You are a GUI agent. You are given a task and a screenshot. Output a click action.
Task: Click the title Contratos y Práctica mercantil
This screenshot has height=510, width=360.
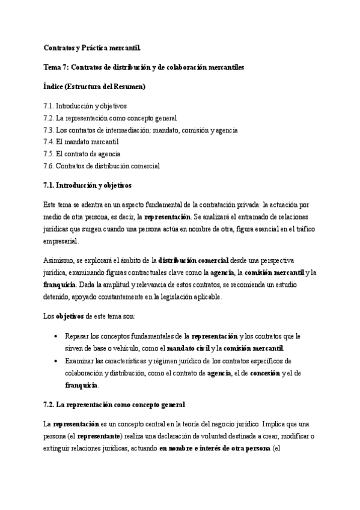coord(92,48)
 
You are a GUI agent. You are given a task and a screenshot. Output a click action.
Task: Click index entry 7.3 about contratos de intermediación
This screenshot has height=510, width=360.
coord(141,130)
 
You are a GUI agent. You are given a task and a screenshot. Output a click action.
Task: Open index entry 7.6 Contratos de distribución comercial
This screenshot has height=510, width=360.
coord(102,166)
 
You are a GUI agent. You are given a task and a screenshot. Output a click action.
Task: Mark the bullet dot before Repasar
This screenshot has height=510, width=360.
coord(56,336)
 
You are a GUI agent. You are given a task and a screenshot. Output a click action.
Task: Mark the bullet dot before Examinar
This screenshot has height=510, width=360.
coord(56,361)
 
